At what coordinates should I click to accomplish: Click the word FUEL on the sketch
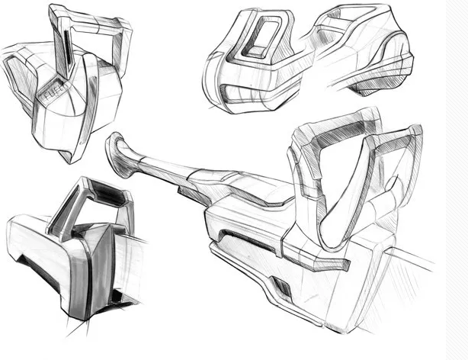point(53,92)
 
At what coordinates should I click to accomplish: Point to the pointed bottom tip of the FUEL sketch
point(70,162)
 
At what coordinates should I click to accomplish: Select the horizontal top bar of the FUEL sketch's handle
point(89,18)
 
